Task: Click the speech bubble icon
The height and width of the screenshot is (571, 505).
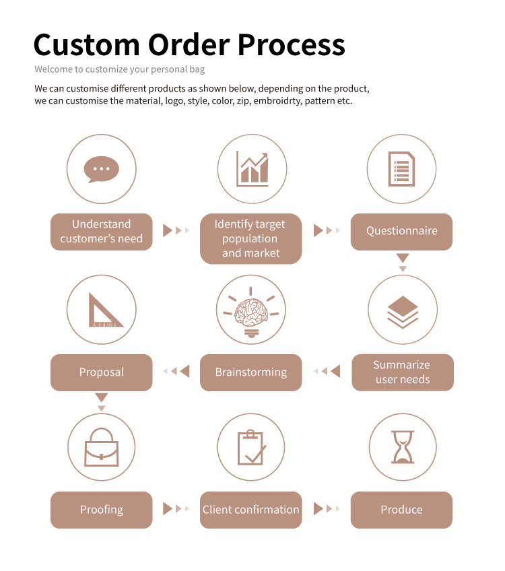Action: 102,169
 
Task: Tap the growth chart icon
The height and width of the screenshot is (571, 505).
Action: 252,169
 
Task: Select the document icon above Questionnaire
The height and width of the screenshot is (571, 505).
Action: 401,169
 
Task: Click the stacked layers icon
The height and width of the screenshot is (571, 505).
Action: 403,311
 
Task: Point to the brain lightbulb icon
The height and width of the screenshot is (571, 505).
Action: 250,311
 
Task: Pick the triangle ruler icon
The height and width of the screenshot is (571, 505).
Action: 102,310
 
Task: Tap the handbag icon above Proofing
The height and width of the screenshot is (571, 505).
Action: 102,448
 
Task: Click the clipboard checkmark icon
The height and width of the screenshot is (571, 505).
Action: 251,448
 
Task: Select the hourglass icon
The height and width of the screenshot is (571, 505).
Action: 403,448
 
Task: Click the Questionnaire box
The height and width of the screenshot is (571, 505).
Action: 401,232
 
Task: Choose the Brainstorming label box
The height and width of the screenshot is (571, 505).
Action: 250,372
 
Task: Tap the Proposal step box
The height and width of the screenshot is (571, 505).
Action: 101,372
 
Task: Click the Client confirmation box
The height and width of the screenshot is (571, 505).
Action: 250,510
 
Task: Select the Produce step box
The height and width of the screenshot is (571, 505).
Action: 401,510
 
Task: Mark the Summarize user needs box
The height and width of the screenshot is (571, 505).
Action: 403,372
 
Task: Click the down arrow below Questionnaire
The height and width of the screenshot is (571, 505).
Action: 403,261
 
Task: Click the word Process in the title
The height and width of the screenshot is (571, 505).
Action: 292,45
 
